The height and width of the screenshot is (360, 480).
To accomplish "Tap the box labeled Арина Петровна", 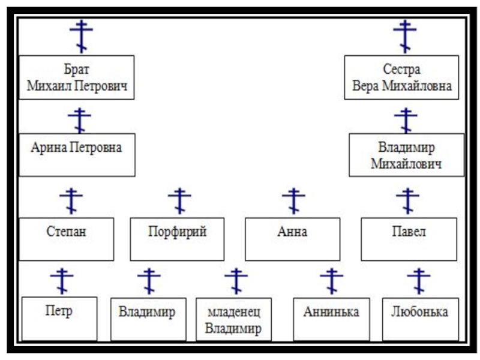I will [x=77, y=154].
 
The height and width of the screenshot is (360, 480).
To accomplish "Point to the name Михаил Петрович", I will [x=77, y=87].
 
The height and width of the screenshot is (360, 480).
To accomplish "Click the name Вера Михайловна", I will [x=401, y=87].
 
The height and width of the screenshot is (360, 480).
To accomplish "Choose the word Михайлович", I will [x=406, y=164].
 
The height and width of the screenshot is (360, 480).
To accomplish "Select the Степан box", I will [x=66, y=238].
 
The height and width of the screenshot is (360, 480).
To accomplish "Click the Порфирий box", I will [x=177, y=238].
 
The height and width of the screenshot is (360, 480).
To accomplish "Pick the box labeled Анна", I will [x=292, y=238].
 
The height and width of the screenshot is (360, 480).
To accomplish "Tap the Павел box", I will [x=409, y=238].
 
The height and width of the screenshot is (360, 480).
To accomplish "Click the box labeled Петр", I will [x=59, y=318].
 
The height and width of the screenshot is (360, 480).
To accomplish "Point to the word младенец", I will [x=233, y=313].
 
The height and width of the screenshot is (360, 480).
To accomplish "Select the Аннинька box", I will [x=331, y=319].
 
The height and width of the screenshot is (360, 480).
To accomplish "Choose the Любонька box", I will [x=419, y=319].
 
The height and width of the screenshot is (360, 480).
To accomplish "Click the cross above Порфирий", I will [x=179, y=200].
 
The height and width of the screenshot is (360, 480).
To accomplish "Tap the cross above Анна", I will [x=293, y=200].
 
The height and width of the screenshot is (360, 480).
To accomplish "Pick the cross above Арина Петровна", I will [x=79, y=120].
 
